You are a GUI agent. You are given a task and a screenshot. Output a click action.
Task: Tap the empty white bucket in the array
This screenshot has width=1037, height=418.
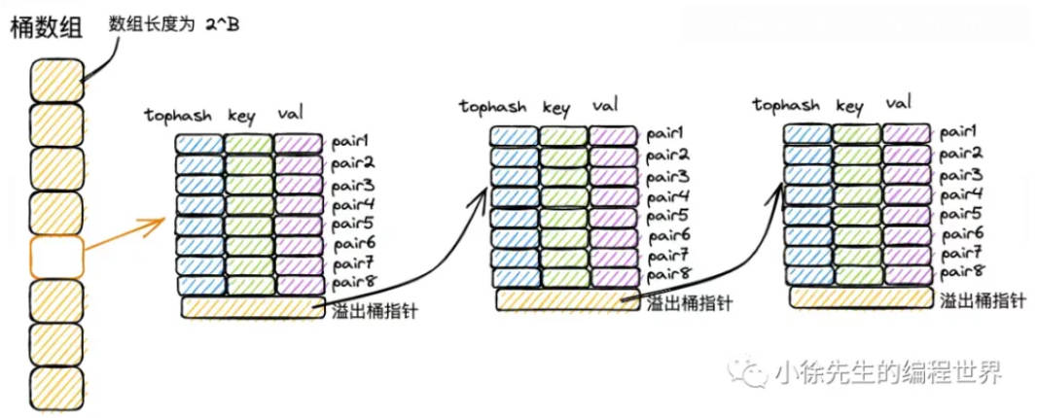pyautogui.click(x=56, y=257)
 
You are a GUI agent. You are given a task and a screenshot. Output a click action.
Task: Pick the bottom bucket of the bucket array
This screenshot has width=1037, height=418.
pyautogui.click(x=56, y=388)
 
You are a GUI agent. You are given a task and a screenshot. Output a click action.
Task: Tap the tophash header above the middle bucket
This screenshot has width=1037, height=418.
pyautogui.click(x=493, y=107)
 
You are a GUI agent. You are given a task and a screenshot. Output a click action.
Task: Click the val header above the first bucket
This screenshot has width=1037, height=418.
pyautogui.click(x=291, y=115)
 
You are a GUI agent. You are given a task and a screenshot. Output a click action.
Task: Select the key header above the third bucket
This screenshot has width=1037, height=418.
pyautogui.click(x=848, y=105)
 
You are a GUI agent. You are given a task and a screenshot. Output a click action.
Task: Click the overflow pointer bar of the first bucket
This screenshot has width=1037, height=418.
pyautogui.click(x=251, y=308)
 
